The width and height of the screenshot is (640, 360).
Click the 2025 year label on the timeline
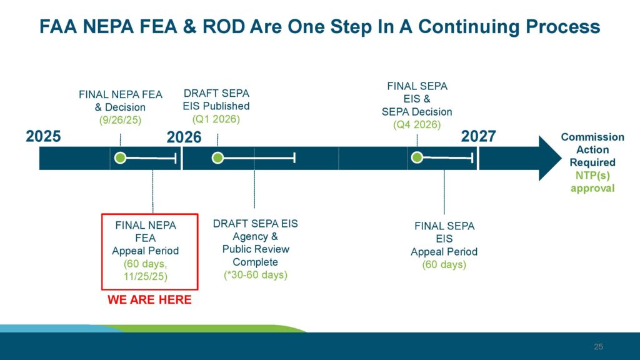coord(43,136)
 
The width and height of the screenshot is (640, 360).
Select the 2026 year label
coord(184,137)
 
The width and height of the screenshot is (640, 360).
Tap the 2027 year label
coord(478,136)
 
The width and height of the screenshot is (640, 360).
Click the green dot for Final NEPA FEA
coord(121,158)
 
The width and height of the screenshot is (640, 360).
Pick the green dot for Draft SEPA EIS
coord(217,158)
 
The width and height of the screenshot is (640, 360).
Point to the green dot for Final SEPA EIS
coord(417,158)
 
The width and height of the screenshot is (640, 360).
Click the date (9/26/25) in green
coord(121,120)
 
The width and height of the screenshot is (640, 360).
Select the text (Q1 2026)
coord(216,119)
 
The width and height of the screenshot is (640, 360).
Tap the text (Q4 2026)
coord(417,124)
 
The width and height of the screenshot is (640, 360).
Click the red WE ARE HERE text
coord(149,300)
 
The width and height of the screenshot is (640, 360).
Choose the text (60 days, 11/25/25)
coord(146,269)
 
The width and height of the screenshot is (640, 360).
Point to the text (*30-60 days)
coord(255,274)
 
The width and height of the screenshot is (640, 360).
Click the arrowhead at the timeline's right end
coord(550,158)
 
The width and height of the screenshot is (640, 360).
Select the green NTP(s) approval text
coord(592,182)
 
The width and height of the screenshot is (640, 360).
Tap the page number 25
coord(598,347)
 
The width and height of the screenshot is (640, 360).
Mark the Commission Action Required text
coord(592,149)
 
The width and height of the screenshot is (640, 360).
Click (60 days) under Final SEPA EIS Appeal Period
coord(444,264)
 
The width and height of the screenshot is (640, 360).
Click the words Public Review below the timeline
coord(256,249)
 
